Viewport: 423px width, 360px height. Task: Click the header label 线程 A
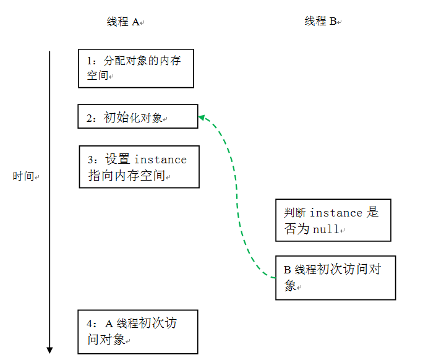coord(124,22)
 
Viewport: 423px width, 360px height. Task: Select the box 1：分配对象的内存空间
coord(136,68)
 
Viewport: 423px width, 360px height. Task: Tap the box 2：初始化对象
coord(137,116)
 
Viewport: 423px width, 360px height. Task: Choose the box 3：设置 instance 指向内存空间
coord(140,166)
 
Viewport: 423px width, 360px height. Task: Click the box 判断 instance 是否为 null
coord(333,220)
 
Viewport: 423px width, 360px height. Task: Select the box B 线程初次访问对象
coord(335,278)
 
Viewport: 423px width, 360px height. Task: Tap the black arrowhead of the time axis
coord(49,350)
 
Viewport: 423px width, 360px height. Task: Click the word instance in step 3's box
coord(160,160)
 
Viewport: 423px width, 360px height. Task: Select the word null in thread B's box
coord(326,229)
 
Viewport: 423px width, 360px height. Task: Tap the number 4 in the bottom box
coord(90,324)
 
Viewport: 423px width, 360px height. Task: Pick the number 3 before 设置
coord(92,160)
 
